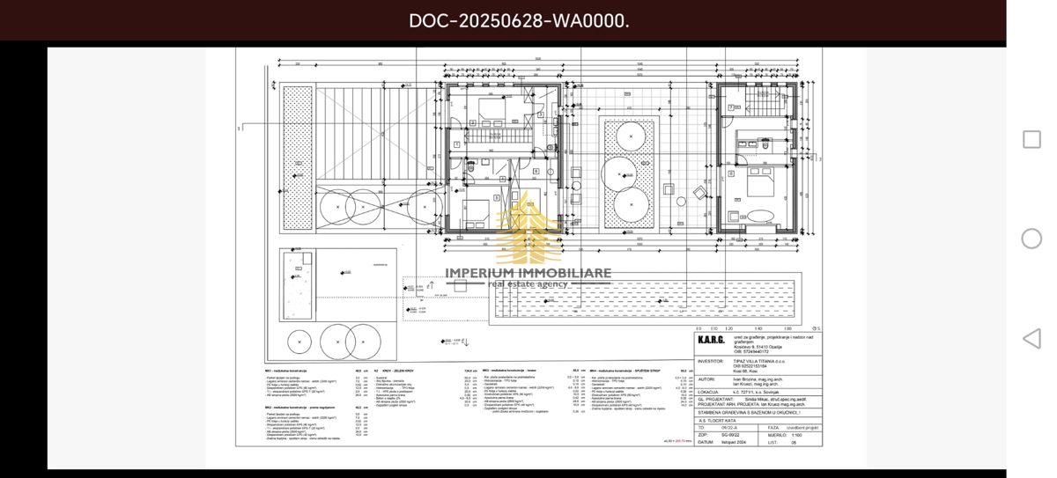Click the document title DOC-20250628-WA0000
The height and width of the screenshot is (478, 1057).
(519, 20)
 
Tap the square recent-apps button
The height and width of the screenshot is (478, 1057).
(1031, 139)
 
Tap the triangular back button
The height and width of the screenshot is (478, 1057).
(1031, 339)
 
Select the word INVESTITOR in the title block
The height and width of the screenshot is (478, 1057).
(711, 361)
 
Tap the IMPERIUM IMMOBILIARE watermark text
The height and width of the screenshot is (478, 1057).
(528, 273)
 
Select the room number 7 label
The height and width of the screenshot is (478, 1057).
(730, 107)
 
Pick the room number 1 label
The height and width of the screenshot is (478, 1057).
(457, 144)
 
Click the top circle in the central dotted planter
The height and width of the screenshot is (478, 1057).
(629, 136)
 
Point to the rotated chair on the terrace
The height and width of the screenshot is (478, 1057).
(700, 193)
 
